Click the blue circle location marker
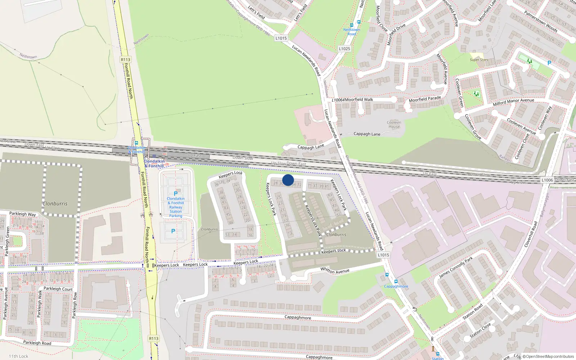tap(288, 180)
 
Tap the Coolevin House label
tap(394, 125)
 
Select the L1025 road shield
tap(345, 49)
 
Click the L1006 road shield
tap(547, 180)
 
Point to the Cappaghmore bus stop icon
tap(396, 282)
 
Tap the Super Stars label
tap(479, 60)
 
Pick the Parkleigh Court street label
tap(58, 289)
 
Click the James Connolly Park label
tap(456, 268)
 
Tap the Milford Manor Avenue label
tap(513, 102)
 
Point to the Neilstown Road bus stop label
tap(352, 32)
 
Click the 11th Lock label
tap(18, 356)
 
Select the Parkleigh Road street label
tap(37, 342)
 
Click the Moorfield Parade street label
tap(425, 99)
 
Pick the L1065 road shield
tap(383, 255)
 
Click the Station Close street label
tap(480, 330)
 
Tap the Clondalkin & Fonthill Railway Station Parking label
tap(176, 207)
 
